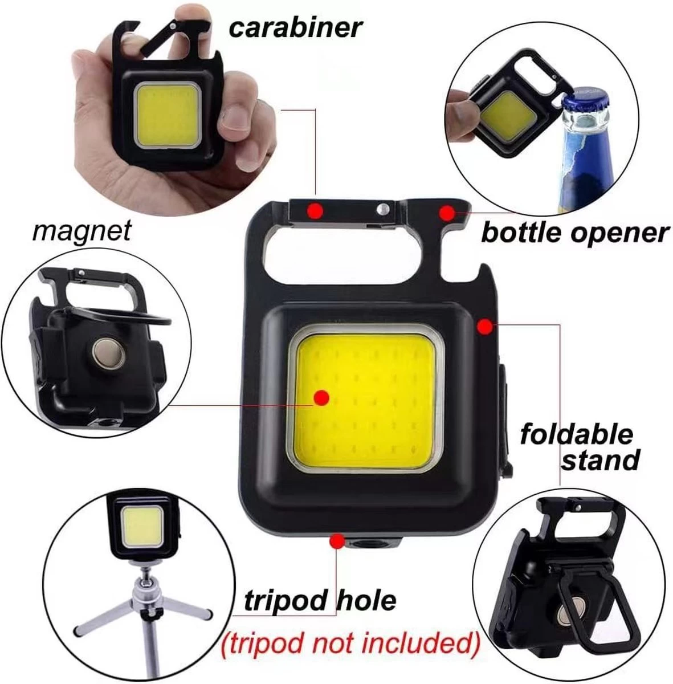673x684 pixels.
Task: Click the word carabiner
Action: coord(296,28)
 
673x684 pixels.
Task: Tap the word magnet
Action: coord(81,231)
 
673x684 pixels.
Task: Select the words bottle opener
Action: coord(574,233)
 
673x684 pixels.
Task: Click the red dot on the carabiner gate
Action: coord(315,211)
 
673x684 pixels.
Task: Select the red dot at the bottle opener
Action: coord(447,213)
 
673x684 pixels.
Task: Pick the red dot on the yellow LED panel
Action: coord(321,397)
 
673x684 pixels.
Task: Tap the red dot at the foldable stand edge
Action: coord(484,327)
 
